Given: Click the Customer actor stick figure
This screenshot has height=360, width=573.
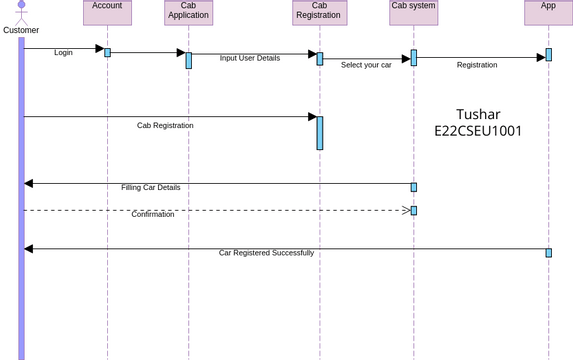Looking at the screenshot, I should [21, 12].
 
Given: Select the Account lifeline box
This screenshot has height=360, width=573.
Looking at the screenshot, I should [107, 12].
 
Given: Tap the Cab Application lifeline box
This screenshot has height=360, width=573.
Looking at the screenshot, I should [188, 12].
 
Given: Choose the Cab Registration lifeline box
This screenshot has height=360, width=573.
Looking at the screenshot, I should [319, 12].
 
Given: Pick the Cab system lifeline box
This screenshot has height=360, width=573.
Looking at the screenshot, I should [413, 12].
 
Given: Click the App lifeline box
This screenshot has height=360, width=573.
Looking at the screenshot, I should [548, 12].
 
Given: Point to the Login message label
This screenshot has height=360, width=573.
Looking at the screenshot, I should [63, 52].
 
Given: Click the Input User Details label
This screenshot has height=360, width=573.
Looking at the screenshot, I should [250, 58].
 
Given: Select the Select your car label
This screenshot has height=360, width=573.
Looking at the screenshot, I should [366, 65].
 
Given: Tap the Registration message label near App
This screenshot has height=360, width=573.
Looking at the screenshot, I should [477, 65].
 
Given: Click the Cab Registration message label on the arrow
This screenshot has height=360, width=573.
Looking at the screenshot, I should [165, 126].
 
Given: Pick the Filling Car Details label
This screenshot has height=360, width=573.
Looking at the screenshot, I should [151, 187].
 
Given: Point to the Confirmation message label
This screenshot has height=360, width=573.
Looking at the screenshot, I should [153, 214].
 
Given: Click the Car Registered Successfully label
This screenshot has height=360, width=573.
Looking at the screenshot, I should [266, 253].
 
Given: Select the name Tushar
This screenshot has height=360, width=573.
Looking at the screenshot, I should [478, 114].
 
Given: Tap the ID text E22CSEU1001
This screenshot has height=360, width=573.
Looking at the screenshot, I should [478, 131].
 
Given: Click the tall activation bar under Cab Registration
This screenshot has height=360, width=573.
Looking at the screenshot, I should [320, 133].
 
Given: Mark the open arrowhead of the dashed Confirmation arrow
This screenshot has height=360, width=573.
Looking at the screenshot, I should [406, 210].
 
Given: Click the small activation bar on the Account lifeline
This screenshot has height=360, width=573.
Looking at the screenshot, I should [107, 52].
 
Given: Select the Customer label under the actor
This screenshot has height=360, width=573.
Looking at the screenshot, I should [21, 30].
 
